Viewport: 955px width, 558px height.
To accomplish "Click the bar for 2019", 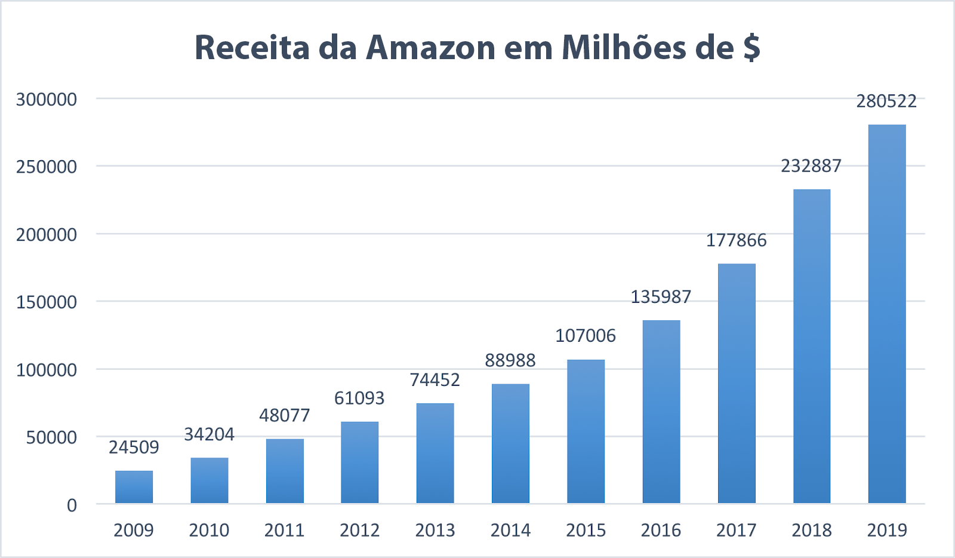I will [887, 314].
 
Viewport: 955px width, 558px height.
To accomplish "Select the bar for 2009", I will [134, 487].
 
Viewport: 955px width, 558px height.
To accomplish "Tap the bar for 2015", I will [586, 431].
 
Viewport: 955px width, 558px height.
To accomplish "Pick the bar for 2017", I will [737, 384].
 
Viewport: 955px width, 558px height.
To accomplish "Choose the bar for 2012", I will [359, 462].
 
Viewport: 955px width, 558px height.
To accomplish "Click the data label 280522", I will [886, 101].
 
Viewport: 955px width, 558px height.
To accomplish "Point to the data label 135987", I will [661, 297].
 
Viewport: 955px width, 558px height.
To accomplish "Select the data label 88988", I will [510, 360].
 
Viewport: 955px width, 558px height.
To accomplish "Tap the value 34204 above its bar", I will [209, 434].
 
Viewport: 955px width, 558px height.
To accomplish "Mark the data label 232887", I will [811, 165].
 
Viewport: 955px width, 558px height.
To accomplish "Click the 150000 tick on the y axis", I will [47, 302].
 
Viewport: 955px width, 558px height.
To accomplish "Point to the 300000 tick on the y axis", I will [47, 99].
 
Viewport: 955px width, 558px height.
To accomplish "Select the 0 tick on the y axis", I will [72, 505].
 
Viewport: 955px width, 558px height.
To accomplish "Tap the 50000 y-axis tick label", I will [51, 437].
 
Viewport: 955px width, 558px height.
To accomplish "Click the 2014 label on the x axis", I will [510, 530].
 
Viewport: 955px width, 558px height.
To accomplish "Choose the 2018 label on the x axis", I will [811, 530].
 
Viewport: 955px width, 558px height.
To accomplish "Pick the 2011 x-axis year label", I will [284, 530].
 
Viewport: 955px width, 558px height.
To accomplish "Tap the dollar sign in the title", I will [752, 48].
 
